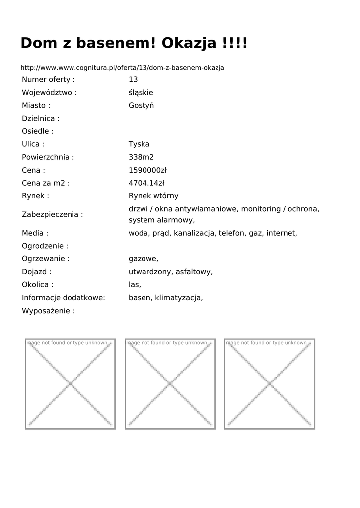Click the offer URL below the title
122,67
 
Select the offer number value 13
133,79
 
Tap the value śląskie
141,92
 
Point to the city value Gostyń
141,105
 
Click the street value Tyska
139,144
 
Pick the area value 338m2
141,157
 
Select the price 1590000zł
147,170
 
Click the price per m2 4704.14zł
146,183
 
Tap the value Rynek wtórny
153,196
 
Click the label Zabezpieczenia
52,214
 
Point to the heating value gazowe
143,259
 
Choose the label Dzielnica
40,119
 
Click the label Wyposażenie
48,311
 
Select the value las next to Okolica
134,285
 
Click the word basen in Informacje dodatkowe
140,298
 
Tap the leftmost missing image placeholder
70,384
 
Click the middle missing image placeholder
170,384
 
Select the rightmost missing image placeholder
270,384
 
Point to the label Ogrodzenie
45,246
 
